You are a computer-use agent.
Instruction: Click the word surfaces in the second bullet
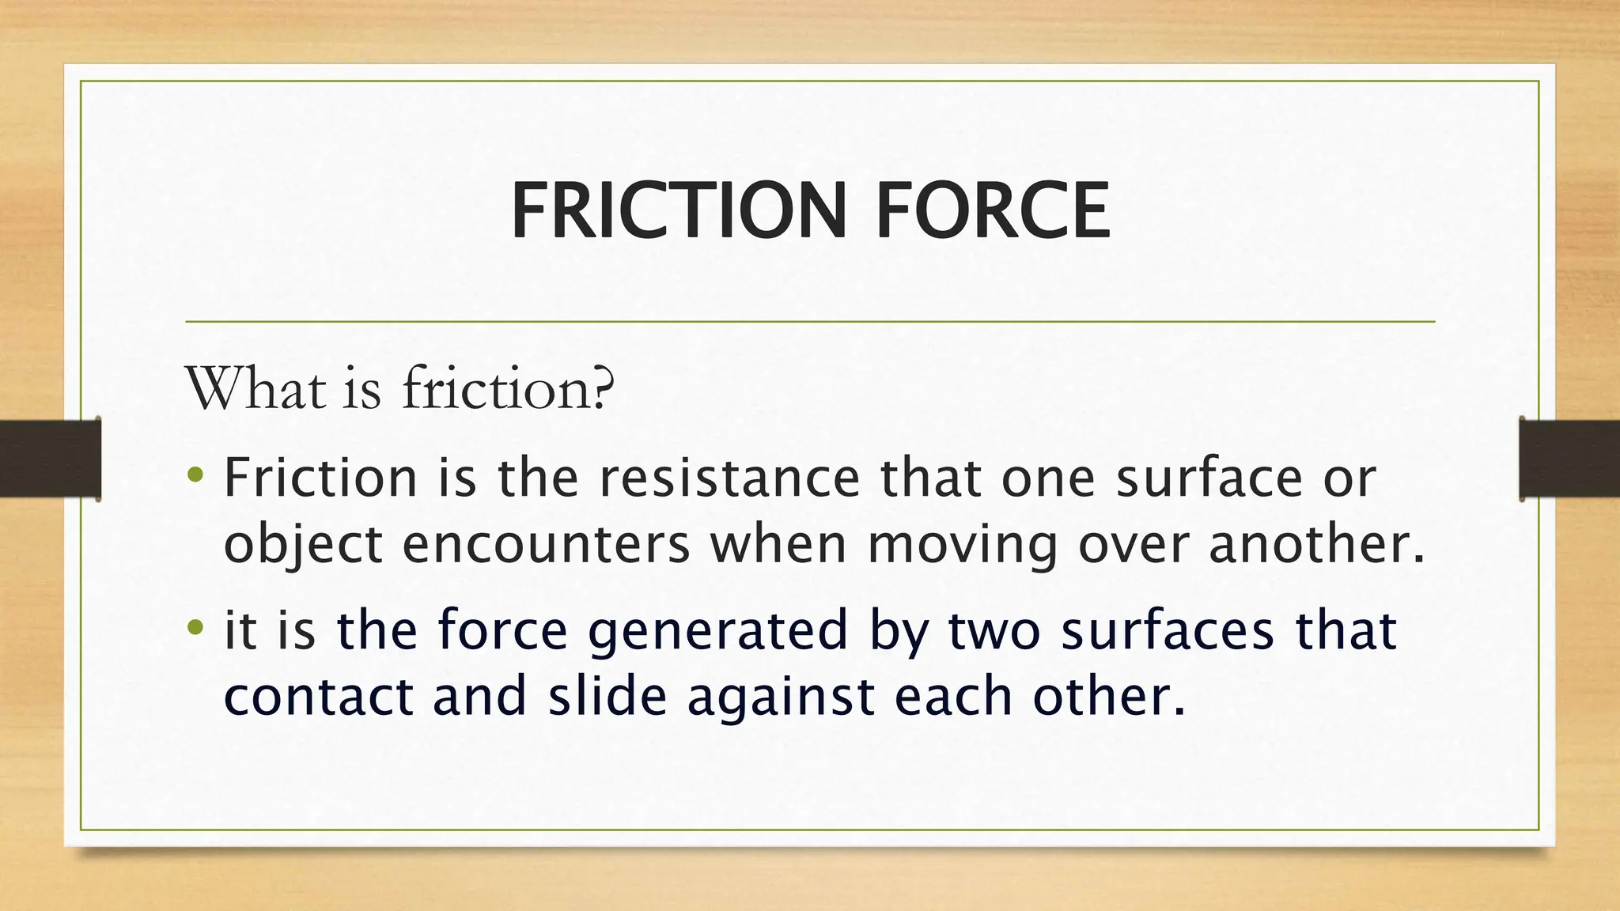pyautogui.click(x=1168, y=630)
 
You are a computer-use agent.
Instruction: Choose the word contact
pyautogui.click(x=319, y=697)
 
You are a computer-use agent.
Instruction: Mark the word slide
pyautogui.click(x=607, y=697)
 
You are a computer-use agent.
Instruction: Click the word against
pyautogui.click(x=781, y=698)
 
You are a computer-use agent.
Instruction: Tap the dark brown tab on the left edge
pyautogui.click(x=50, y=459)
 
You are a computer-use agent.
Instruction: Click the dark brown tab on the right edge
pyautogui.click(x=1569, y=459)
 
